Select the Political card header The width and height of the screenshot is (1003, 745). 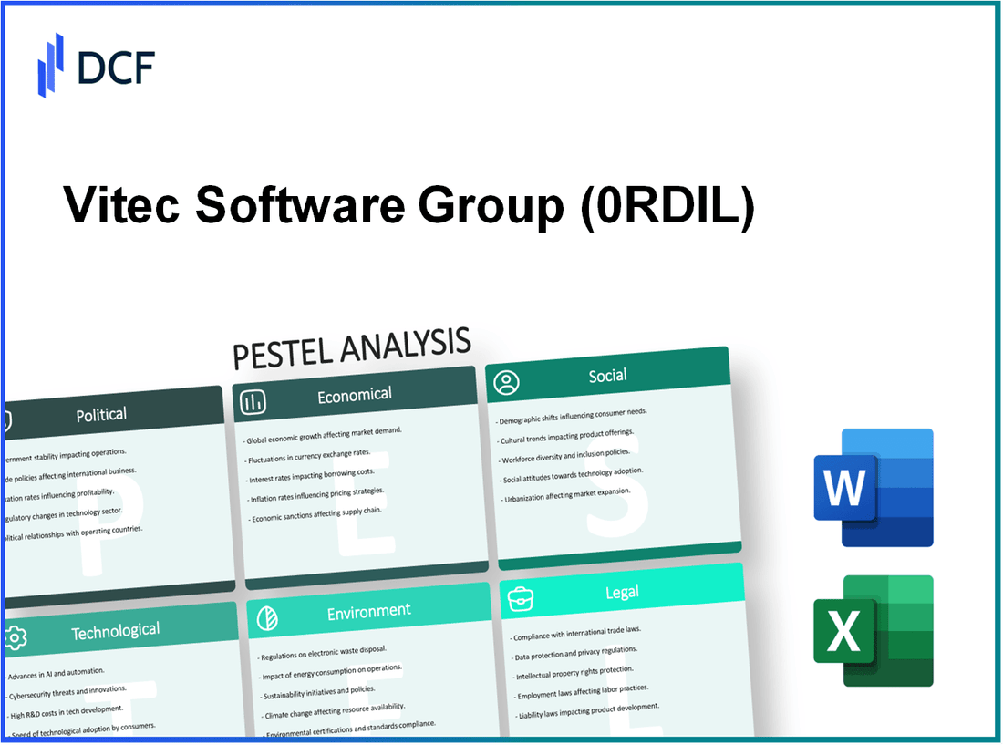pos(101,415)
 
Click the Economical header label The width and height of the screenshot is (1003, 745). pos(354,395)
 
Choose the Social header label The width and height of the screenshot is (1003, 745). pos(607,376)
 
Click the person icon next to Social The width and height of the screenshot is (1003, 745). pos(505,382)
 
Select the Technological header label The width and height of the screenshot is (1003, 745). pos(117,630)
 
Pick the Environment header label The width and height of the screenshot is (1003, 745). pos(368,611)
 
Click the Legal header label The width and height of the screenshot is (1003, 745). pos(621,593)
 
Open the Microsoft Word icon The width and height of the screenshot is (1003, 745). pos(873,489)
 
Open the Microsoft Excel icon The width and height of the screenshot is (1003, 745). pos(873,630)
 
